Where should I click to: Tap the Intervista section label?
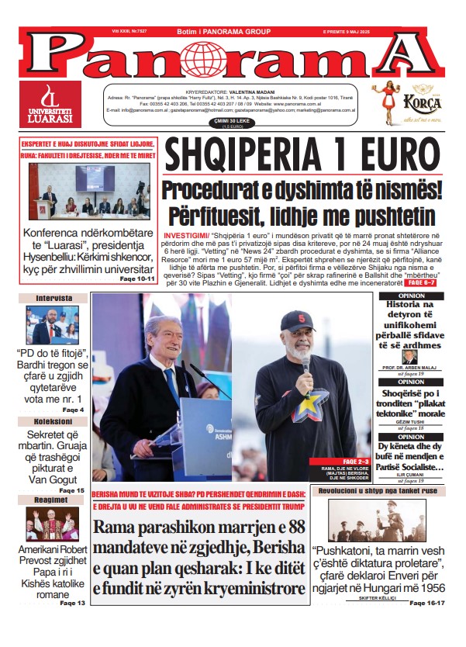click(53, 298)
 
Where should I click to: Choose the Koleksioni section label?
click(53, 422)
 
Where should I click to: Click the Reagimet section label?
click(53, 500)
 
